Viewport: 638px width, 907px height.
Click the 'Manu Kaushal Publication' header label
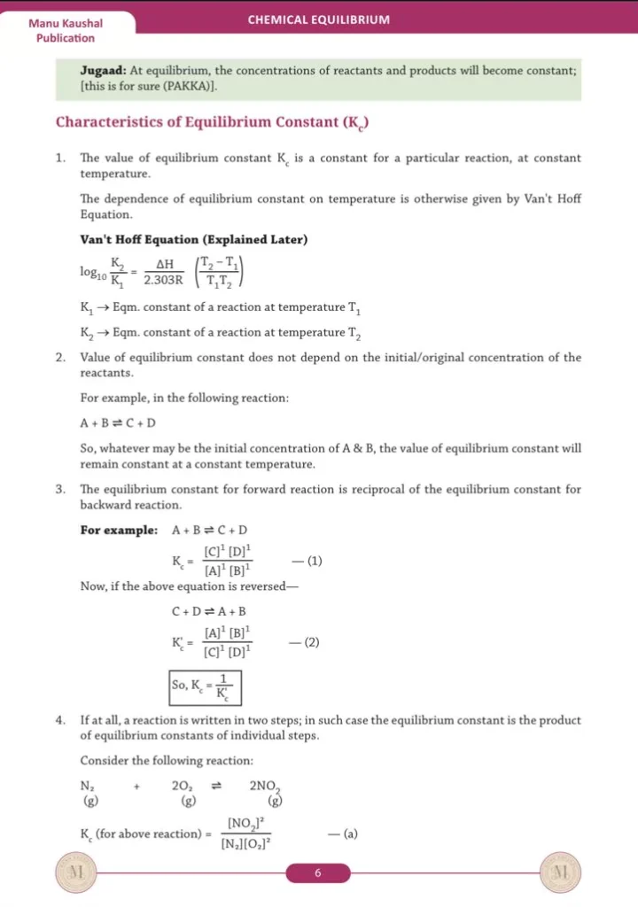point(66,30)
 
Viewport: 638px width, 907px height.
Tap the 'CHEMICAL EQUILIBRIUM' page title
point(318,19)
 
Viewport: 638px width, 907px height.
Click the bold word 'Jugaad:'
point(103,70)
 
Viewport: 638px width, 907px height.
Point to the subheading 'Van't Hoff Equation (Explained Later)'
point(193,239)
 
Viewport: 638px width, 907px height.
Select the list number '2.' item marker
point(60,358)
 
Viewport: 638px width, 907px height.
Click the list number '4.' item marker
point(60,720)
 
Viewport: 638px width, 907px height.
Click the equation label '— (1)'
point(307,561)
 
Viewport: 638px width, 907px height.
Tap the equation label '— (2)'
point(304,642)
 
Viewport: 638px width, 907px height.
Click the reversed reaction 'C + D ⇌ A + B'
point(208,611)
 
